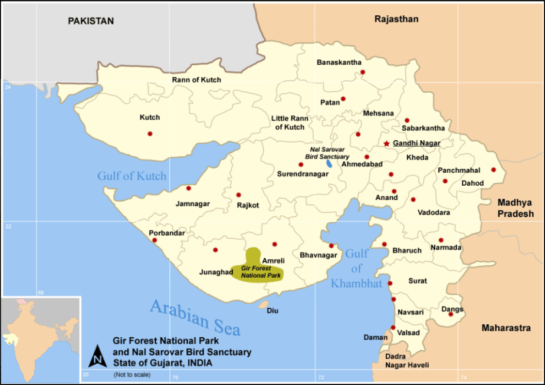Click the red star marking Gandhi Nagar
pos(386,143)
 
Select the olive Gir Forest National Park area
pos(257,268)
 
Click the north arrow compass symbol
pos(97,356)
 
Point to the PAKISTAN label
pos(90,21)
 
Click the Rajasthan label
pos(396,19)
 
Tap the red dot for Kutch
pos(150,133)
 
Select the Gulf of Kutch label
pos(132,176)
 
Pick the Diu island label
pos(272,311)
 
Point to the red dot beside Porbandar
pos(155,240)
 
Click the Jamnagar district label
pos(192,204)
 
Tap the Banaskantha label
pos(339,62)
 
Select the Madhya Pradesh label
pos(515,208)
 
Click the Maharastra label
pos(506,328)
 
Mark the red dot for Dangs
pos(451,314)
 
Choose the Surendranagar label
pos(303,175)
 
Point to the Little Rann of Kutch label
pos(288,123)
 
